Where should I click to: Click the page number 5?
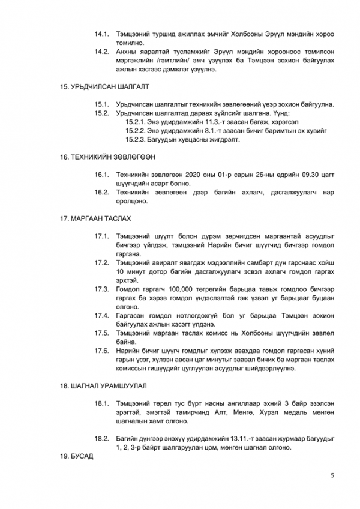point(332,475)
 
